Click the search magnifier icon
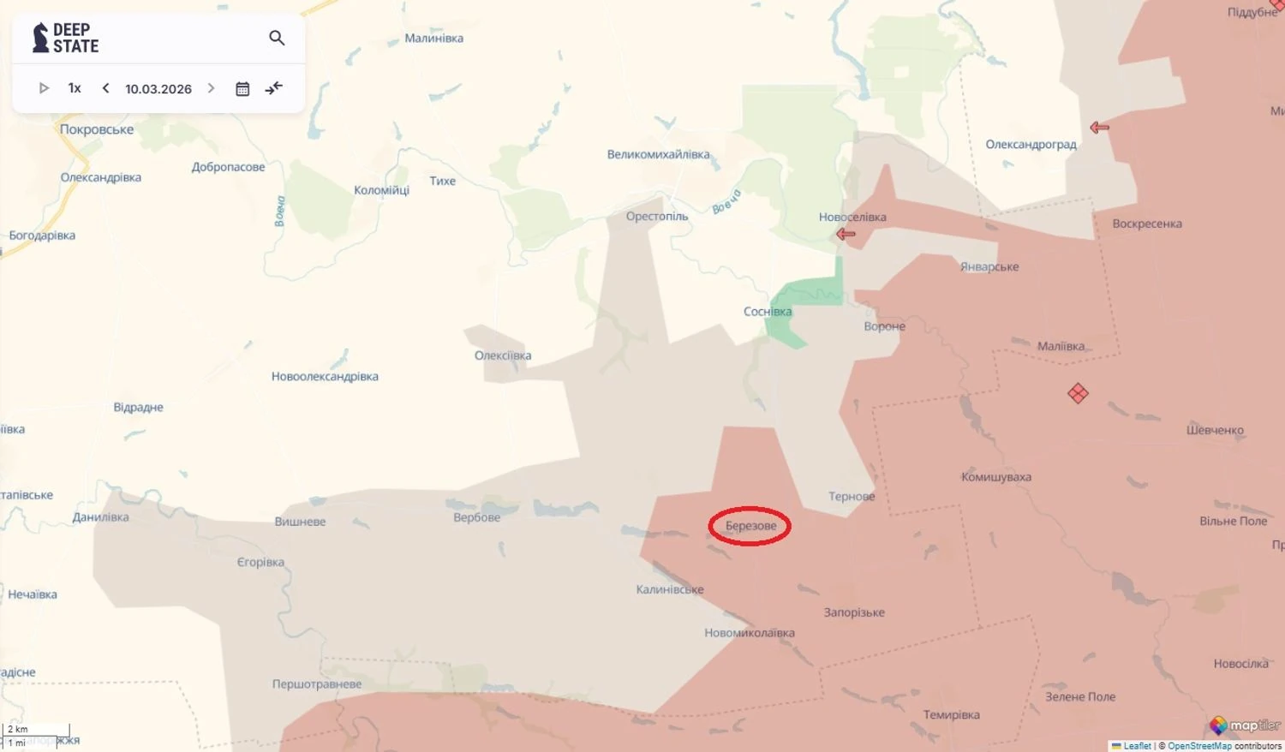pyautogui.click(x=277, y=38)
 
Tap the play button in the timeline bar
pyautogui.click(x=44, y=88)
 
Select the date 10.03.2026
pyautogui.click(x=158, y=89)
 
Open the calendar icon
pyautogui.click(x=242, y=89)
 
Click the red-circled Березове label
pyautogui.click(x=750, y=526)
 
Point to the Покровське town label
pyautogui.click(x=97, y=129)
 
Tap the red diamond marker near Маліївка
pyautogui.click(x=1078, y=393)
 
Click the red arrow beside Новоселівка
pyautogui.click(x=846, y=234)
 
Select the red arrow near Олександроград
pyautogui.click(x=1099, y=128)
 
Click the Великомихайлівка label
pyautogui.click(x=658, y=155)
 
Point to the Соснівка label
pyautogui.click(x=768, y=312)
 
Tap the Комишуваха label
pyautogui.click(x=996, y=477)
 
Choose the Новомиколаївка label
pyautogui.click(x=750, y=633)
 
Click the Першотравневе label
pyautogui.click(x=317, y=684)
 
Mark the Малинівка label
pyautogui.click(x=434, y=39)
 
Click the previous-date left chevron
pyautogui.click(x=105, y=88)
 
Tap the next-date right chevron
pyautogui.click(x=211, y=88)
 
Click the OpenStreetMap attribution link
pyautogui.click(x=1199, y=746)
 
